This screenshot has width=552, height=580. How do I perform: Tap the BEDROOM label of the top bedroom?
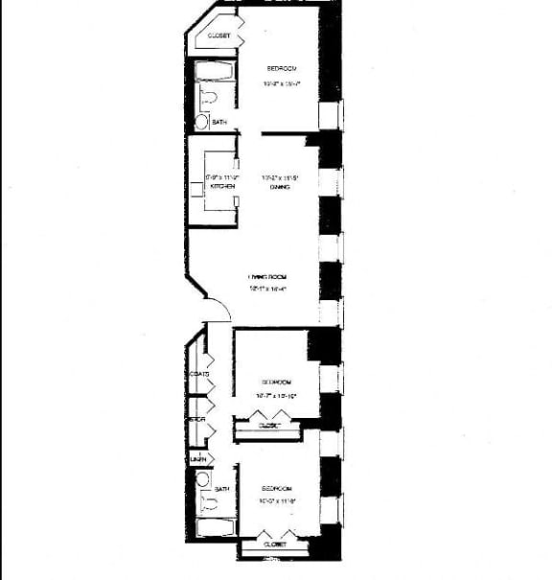(282, 69)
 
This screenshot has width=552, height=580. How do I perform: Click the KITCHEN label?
(222, 187)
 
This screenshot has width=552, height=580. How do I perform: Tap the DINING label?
(280, 187)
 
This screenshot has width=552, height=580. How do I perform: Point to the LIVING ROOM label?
(265, 276)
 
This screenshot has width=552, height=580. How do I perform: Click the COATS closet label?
(199, 373)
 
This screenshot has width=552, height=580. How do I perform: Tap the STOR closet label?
(197, 419)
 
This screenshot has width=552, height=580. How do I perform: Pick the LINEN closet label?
(199, 460)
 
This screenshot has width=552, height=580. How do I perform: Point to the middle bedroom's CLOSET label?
(268, 425)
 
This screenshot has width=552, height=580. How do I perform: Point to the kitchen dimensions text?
(220, 176)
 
